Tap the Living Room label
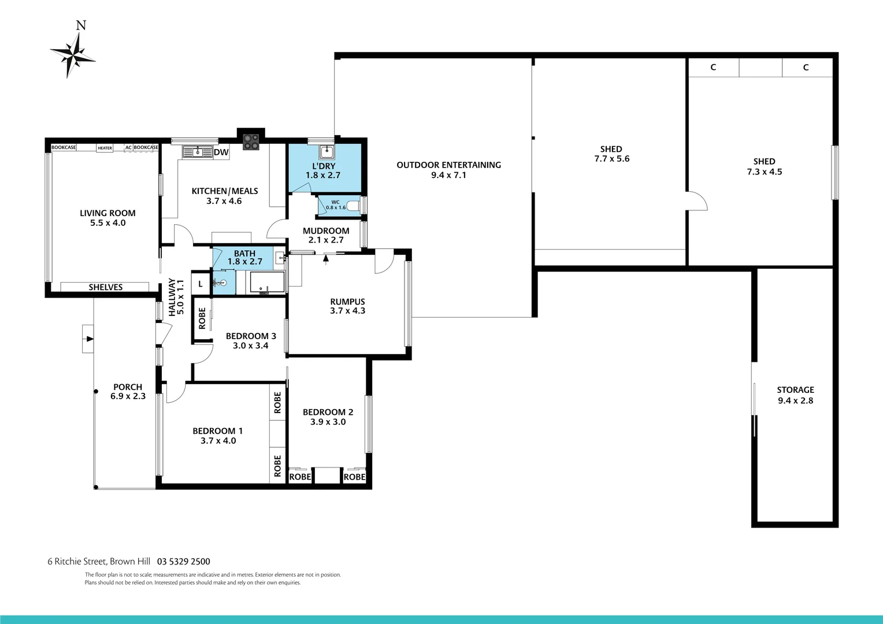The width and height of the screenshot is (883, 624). (107, 213)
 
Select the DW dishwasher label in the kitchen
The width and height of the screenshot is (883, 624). (221, 153)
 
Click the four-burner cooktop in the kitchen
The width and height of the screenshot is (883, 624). (251, 142)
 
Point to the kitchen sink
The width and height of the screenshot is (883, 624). (197, 152)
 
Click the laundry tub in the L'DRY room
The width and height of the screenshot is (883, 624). (326, 153)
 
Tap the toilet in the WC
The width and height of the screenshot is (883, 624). (353, 205)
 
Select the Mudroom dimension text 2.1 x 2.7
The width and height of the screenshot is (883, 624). (326, 240)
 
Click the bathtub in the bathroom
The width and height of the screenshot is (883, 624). (267, 283)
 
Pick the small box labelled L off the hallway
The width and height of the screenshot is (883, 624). (201, 284)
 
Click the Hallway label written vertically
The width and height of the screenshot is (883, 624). (172, 297)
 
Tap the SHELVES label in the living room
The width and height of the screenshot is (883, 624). (105, 287)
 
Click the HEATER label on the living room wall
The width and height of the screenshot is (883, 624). (105, 148)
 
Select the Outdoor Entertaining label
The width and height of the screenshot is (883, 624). (448, 165)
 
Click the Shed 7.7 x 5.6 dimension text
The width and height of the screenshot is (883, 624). (611, 159)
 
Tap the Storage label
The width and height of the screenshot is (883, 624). (795, 390)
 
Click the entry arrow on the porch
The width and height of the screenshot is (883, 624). (88, 339)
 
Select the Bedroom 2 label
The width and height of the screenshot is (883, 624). (328, 412)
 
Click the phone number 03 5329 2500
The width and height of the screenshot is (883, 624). (184, 562)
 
